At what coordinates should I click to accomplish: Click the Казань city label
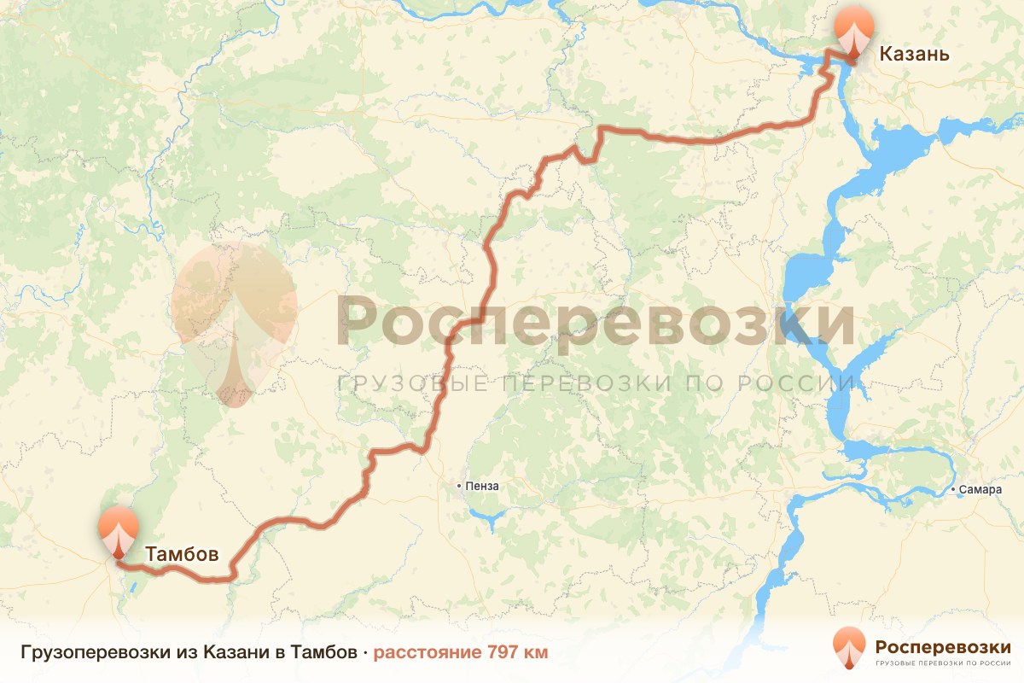click(914, 55)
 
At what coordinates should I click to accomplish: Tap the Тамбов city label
click(182, 553)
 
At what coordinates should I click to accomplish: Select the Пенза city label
click(482, 487)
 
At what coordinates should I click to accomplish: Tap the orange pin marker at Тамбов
click(118, 530)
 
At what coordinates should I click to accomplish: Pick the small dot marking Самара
click(953, 490)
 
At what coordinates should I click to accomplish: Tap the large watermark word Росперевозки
click(596, 323)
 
